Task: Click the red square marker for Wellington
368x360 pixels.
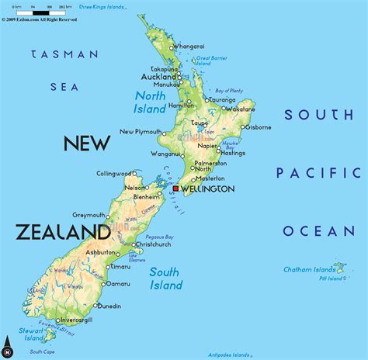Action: tap(176, 189)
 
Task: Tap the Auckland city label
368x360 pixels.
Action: tap(159, 78)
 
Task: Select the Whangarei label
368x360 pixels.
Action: tap(189, 47)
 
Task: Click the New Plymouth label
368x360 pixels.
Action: tap(141, 133)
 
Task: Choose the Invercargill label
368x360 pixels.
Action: tap(75, 320)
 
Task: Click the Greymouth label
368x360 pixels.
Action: tap(89, 215)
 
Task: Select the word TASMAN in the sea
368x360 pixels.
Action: tap(65, 54)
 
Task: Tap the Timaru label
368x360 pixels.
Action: tap(120, 266)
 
